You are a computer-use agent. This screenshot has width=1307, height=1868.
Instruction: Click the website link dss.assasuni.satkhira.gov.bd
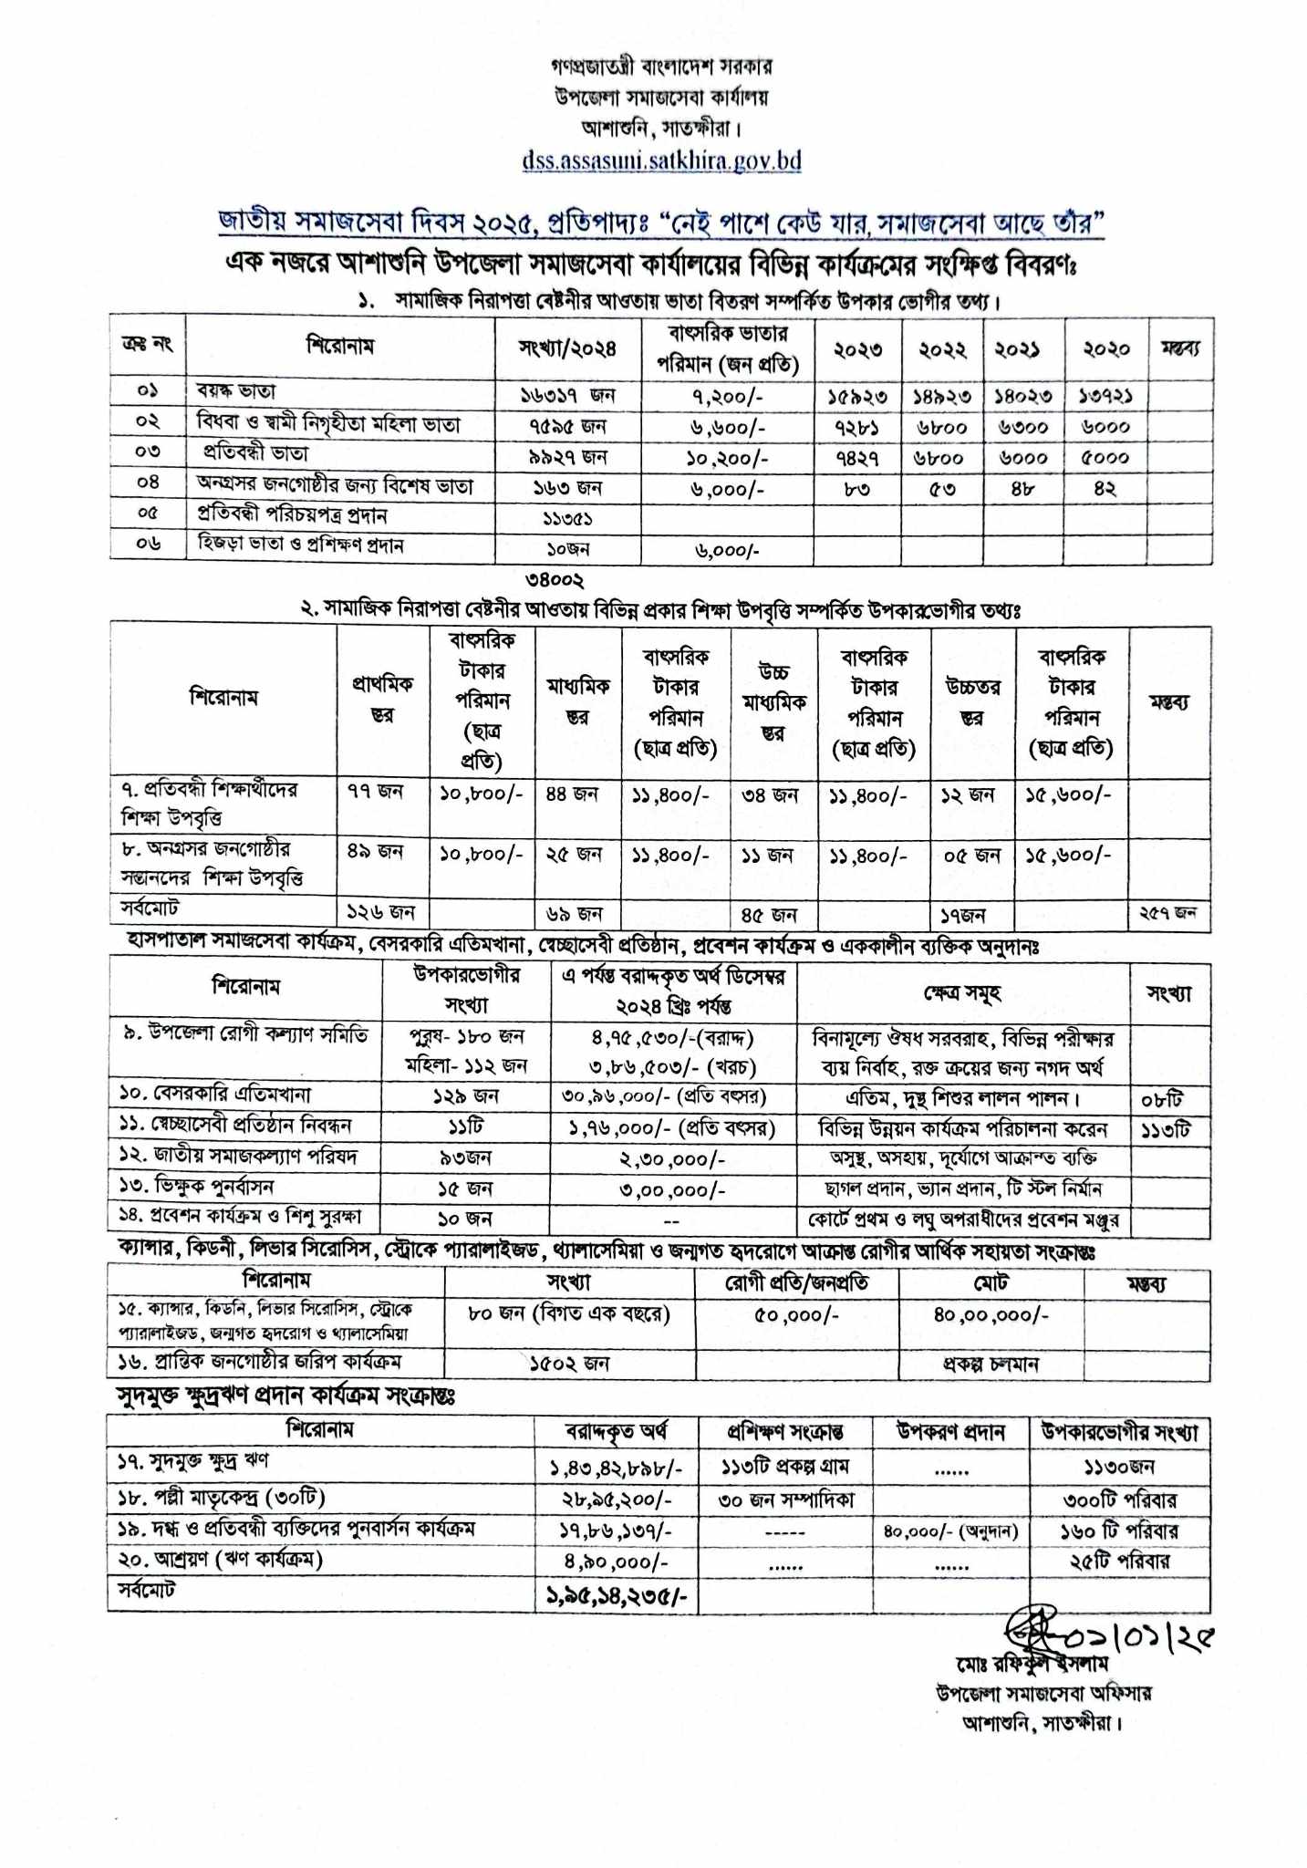point(661,161)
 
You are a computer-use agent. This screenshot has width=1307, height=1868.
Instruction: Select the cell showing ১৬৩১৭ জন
point(567,396)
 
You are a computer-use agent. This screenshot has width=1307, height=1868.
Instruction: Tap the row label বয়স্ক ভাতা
point(236,392)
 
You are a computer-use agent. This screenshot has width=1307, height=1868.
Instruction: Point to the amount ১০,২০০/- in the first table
point(726,456)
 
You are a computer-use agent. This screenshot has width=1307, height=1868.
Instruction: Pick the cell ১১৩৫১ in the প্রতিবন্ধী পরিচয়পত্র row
point(557,517)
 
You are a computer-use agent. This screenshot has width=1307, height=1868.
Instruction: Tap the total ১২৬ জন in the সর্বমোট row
point(381,912)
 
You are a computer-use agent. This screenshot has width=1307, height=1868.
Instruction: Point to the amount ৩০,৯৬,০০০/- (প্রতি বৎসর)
point(664,1096)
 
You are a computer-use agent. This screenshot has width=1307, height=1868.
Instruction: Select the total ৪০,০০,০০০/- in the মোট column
point(991,1315)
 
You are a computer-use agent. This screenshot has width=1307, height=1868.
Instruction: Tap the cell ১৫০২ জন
point(569,1364)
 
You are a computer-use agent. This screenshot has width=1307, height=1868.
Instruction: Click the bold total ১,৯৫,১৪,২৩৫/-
point(617,1596)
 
